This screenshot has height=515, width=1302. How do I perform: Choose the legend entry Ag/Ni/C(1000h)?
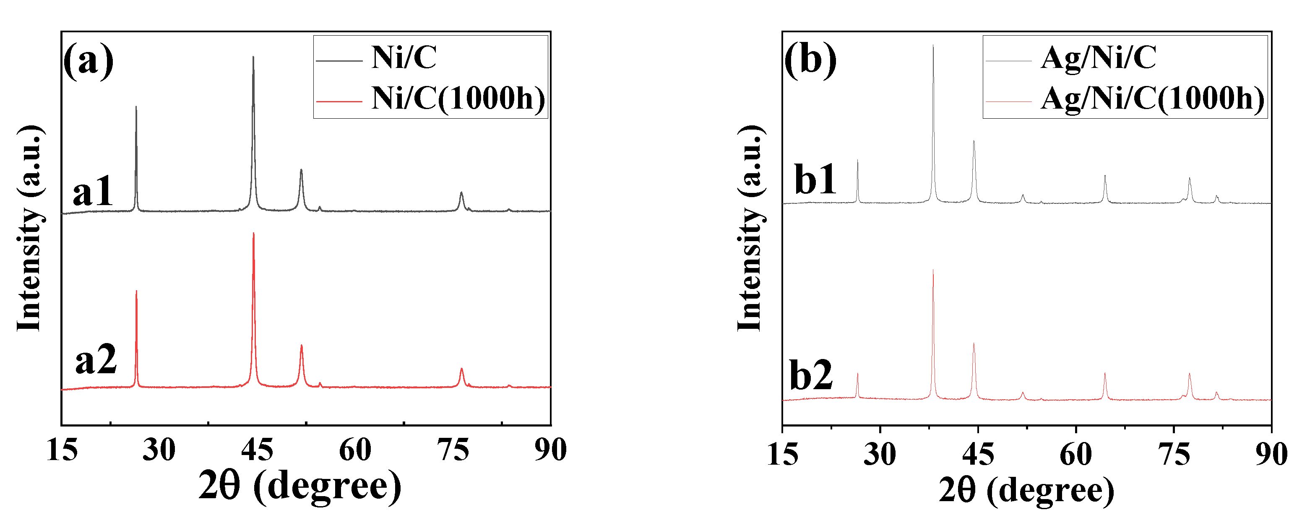coord(1152,98)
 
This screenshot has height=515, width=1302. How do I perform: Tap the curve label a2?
coord(96,360)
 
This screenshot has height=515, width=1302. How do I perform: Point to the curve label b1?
coord(815,179)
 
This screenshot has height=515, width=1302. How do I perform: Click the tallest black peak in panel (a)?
coord(253,57)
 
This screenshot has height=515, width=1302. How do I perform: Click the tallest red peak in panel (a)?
coord(253,234)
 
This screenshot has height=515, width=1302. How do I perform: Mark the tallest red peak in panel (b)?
coord(933,271)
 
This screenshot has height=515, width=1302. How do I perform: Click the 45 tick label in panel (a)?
coord(257,450)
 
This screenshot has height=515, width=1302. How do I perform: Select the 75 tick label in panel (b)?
coord(1174,453)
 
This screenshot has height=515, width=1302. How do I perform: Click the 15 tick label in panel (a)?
coord(62,450)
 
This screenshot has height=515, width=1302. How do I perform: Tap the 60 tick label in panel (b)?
coord(1075,453)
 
